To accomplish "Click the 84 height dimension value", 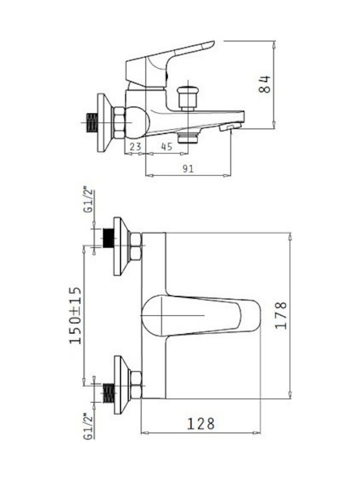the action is click(x=265, y=84).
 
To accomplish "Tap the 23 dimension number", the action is click(x=135, y=147).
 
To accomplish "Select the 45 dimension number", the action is click(x=167, y=147).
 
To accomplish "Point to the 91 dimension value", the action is click(x=188, y=169).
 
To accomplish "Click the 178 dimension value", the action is click(x=281, y=315).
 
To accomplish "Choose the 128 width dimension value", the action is click(x=201, y=424).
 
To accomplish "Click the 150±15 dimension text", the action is click(x=75, y=315).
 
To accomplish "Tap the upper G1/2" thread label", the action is click(x=88, y=201).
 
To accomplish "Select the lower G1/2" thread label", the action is click(x=88, y=427).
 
